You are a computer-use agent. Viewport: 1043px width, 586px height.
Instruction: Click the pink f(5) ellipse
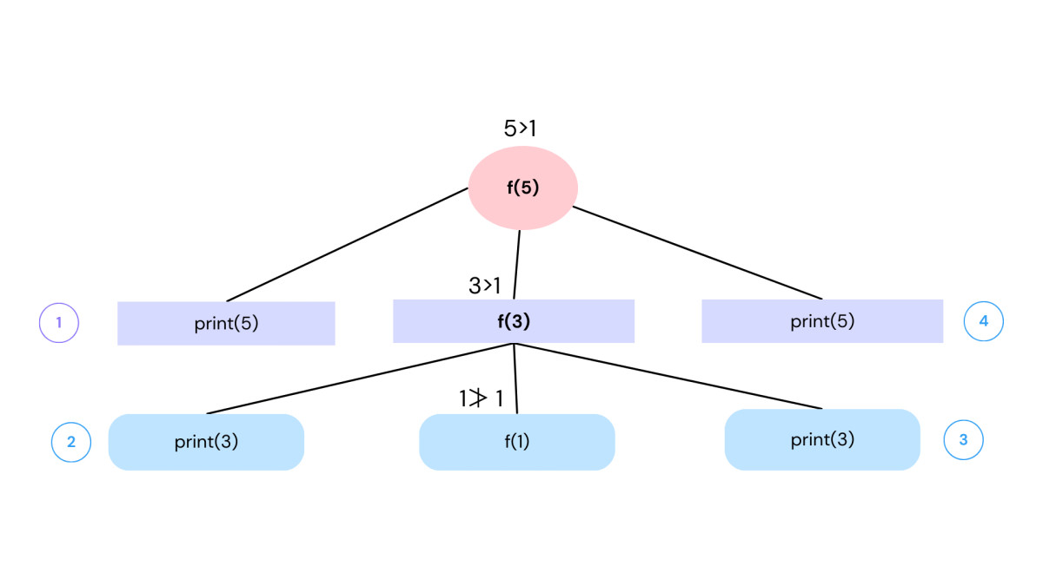523,188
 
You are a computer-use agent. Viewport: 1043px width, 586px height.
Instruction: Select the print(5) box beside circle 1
226,323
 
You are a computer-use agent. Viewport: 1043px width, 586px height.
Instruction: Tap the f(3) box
514,321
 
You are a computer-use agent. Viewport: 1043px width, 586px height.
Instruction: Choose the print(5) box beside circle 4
822,321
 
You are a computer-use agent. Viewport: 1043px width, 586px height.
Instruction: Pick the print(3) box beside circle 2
206,442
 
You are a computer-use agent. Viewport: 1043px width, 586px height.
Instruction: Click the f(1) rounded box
517,442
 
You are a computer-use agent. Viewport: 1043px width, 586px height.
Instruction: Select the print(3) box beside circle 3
822,439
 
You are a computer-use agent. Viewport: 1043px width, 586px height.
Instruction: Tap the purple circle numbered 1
59,323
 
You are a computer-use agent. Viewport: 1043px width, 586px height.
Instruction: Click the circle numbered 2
71,442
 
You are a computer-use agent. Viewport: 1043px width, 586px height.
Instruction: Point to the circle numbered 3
963,440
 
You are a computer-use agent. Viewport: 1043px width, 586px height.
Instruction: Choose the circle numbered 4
984,321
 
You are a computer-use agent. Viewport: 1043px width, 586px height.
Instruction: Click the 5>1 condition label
520,128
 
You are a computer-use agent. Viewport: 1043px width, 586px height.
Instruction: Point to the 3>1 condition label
485,285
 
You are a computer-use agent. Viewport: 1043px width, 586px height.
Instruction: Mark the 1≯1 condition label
481,399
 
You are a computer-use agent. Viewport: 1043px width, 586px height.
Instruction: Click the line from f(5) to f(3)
517,265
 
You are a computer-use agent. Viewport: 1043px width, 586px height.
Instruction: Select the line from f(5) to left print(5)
348,244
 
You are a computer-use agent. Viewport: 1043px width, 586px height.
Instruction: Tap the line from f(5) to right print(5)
695,252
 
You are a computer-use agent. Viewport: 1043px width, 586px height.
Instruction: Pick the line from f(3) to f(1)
515,379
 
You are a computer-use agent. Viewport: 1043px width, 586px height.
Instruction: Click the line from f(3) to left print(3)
361,379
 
